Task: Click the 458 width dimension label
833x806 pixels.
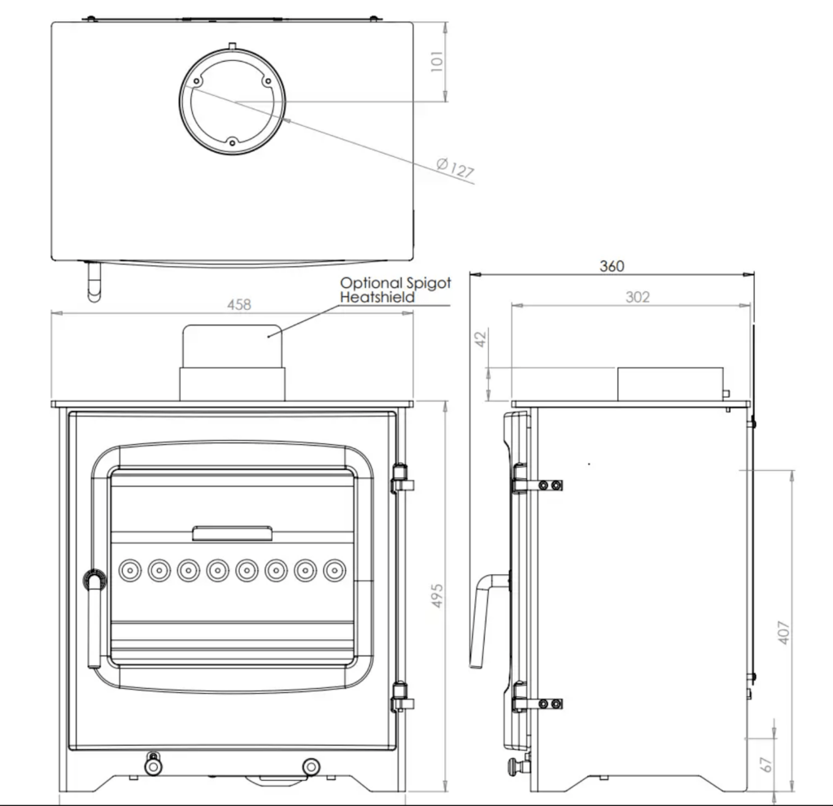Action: tap(239, 304)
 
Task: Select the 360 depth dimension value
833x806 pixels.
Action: tap(612, 266)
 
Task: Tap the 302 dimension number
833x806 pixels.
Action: tap(638, 297)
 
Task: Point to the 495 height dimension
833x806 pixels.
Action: tap(438, 599)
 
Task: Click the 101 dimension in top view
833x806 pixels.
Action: tap(438, 62)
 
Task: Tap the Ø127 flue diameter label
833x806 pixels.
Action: tap(455, 168)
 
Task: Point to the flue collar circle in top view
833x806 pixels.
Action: tap(233, 101)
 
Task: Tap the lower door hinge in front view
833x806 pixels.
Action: tap(400, 697)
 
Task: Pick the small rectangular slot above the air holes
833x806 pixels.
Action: tap(233, 533)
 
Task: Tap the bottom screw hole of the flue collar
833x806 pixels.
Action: tap(232, 142)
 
